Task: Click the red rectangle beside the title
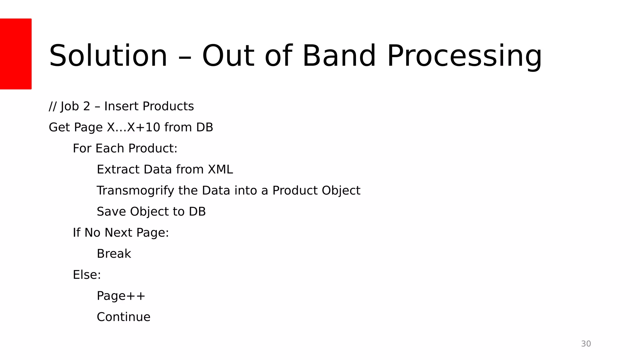(x=16, y=54)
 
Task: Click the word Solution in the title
(x=108, y=56)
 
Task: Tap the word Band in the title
(x=339, y=56)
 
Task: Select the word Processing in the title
(x=464, y=56)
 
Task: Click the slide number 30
(x=586, y=344)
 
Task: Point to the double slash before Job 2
(x=52, y=106)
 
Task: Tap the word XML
(x=220, y=169)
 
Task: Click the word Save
(x=111, y=212)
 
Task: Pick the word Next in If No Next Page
(x=118, y=233)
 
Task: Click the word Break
(x=114, y=254)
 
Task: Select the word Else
(x=87, y=275)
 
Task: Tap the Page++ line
(x=121, y=296)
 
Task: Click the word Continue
(x=123, y=317)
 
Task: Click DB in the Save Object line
(x=197, y=212)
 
